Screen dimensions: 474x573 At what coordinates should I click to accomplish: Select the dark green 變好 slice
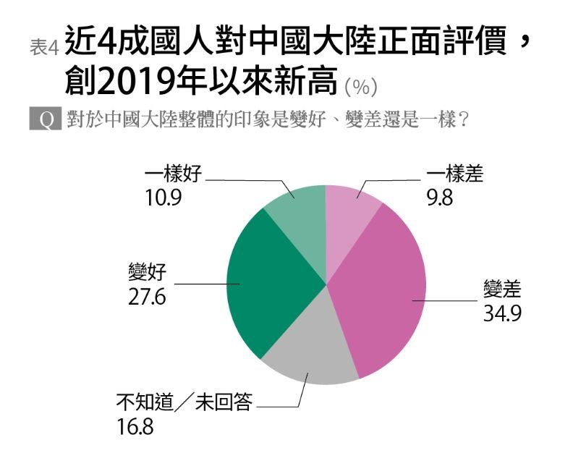tap(268, 282)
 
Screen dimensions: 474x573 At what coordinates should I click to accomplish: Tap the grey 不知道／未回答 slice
tap(311, 351)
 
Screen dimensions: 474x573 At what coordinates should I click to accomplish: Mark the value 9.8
tap(440, 198)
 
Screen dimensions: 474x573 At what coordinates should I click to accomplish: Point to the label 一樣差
tap(454, 174)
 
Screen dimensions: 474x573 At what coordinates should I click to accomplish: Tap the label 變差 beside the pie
tap(502, 291)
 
